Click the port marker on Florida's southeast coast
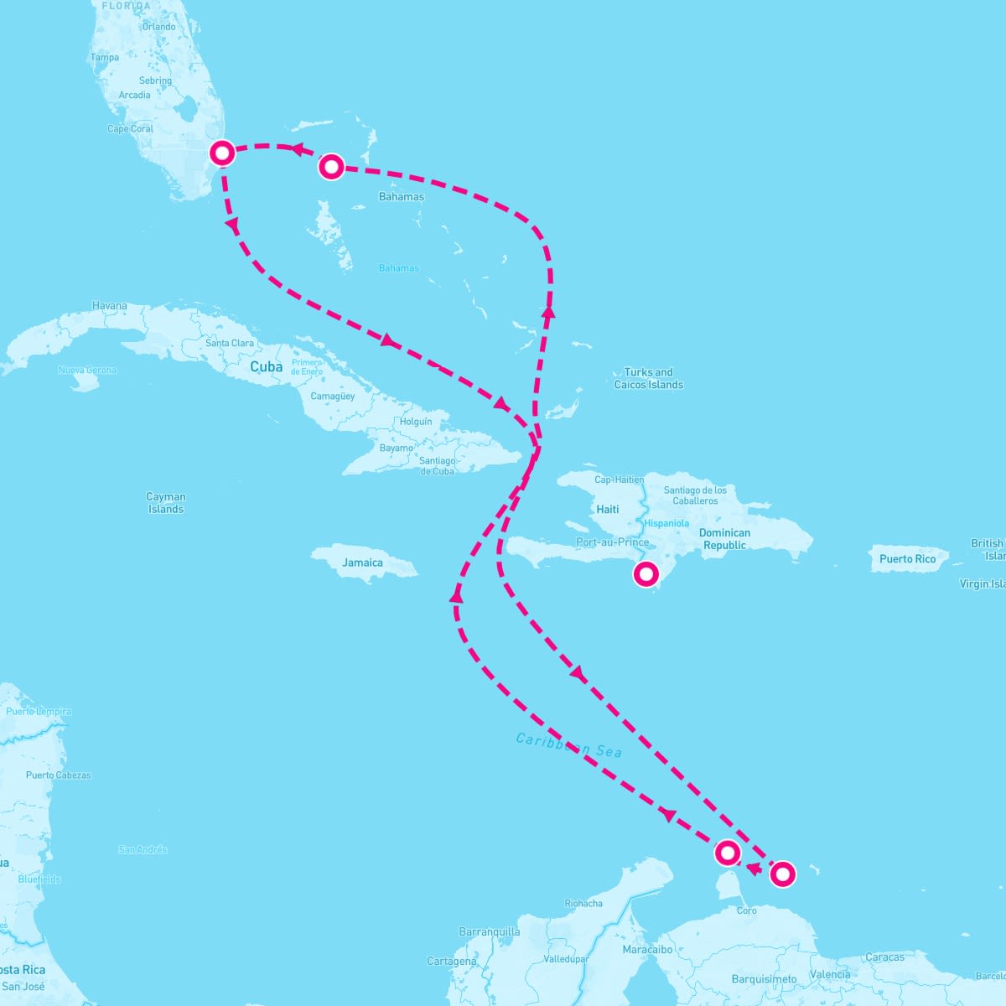coord(222,153)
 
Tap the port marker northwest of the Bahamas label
coord(332,167)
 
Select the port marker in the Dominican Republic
coord(646,574)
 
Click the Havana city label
coord(110,306)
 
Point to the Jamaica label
coord(362,563)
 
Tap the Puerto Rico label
coord(907,559)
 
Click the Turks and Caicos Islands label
coord(648,379)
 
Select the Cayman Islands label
coord(166,503)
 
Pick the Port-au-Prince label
coord(613,542)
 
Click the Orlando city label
coord(158,27)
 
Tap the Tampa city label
coord(105,58)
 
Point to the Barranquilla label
coord(490,932)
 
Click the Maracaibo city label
coord(647,950)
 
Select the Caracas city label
coord(884,957)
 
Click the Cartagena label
coord(452,962)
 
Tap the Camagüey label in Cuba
coord(333,396)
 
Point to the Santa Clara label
coord(230,343)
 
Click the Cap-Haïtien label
coord(619,480)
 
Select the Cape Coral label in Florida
coord(130,129)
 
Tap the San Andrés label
coord(143,850)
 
